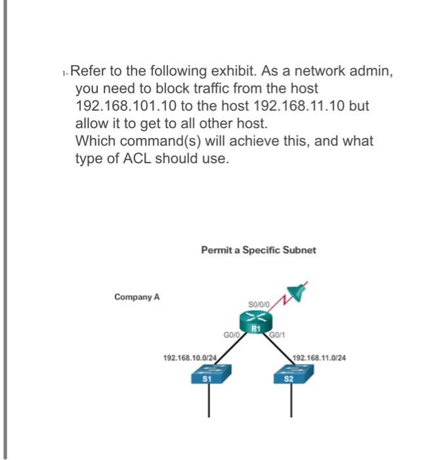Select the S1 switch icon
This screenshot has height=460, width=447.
click(x=209, y=377)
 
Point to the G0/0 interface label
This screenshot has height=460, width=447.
click(x=230, y=334)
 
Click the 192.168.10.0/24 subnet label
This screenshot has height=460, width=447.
click(x=189, y=357)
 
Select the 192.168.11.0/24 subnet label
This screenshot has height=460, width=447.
click(x=320, y=357)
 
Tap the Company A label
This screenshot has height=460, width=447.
click(x=137, y=297)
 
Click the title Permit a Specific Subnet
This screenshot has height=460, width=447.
click(x=258, y=250)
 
